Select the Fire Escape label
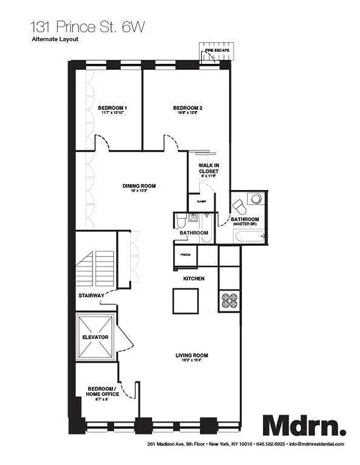pos(216,51)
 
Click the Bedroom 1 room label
pos(112,108)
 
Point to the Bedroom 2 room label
pos(187,108)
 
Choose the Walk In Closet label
pos(208,169)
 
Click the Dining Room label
pos(138,187)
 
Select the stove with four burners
pos(229,301)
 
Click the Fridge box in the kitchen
pos(186,254)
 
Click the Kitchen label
pos(194,279)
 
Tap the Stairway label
pos(91,296)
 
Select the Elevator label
pos(95,337)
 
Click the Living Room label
pos(192,356)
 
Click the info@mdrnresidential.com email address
pos(316,444)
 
